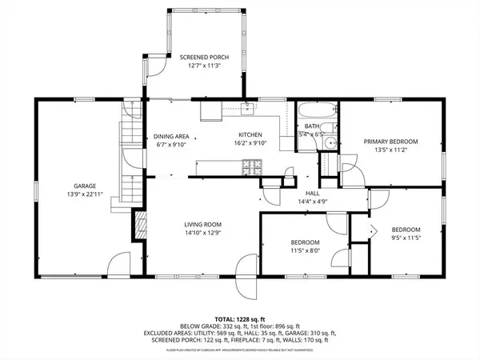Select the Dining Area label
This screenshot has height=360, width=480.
pos(171,136)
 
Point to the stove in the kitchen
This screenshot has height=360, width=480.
pos(251,168)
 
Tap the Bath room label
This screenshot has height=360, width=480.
pos(312,126)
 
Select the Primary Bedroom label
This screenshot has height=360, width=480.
pos(387,141)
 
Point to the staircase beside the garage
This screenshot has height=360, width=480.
pos(129,152)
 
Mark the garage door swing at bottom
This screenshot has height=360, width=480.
pos(118,262)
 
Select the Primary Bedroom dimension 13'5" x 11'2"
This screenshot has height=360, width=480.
pos(387,150)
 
